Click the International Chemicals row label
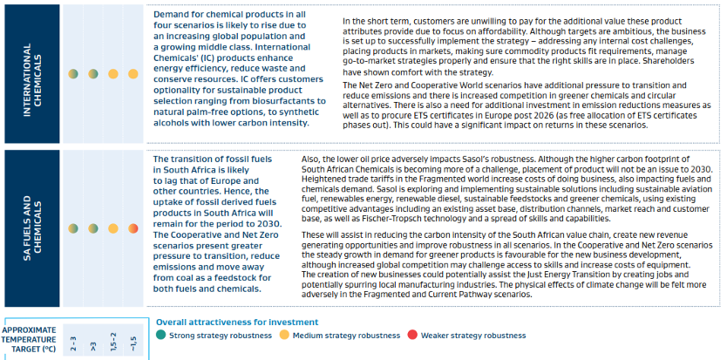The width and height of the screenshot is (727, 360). pos(32,74)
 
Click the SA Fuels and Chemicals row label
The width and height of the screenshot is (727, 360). pos(32,228)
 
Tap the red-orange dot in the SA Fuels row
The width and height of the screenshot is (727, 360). pos(133,228)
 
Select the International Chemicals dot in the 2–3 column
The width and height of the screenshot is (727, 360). pos(73,74)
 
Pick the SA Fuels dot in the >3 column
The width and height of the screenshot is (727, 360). pos(93,228)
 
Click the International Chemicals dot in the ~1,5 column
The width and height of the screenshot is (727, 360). pos(133,74)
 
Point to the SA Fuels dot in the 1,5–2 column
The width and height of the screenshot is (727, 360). pos(113,228)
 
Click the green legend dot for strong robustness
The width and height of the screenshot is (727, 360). pos(160,335)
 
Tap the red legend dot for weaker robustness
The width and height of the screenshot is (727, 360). pos(411,335)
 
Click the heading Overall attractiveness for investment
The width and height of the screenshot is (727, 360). pos(237,322)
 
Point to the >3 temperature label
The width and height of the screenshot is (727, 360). pos(93,346)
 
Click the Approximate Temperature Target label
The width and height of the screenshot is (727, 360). pos(31,339)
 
